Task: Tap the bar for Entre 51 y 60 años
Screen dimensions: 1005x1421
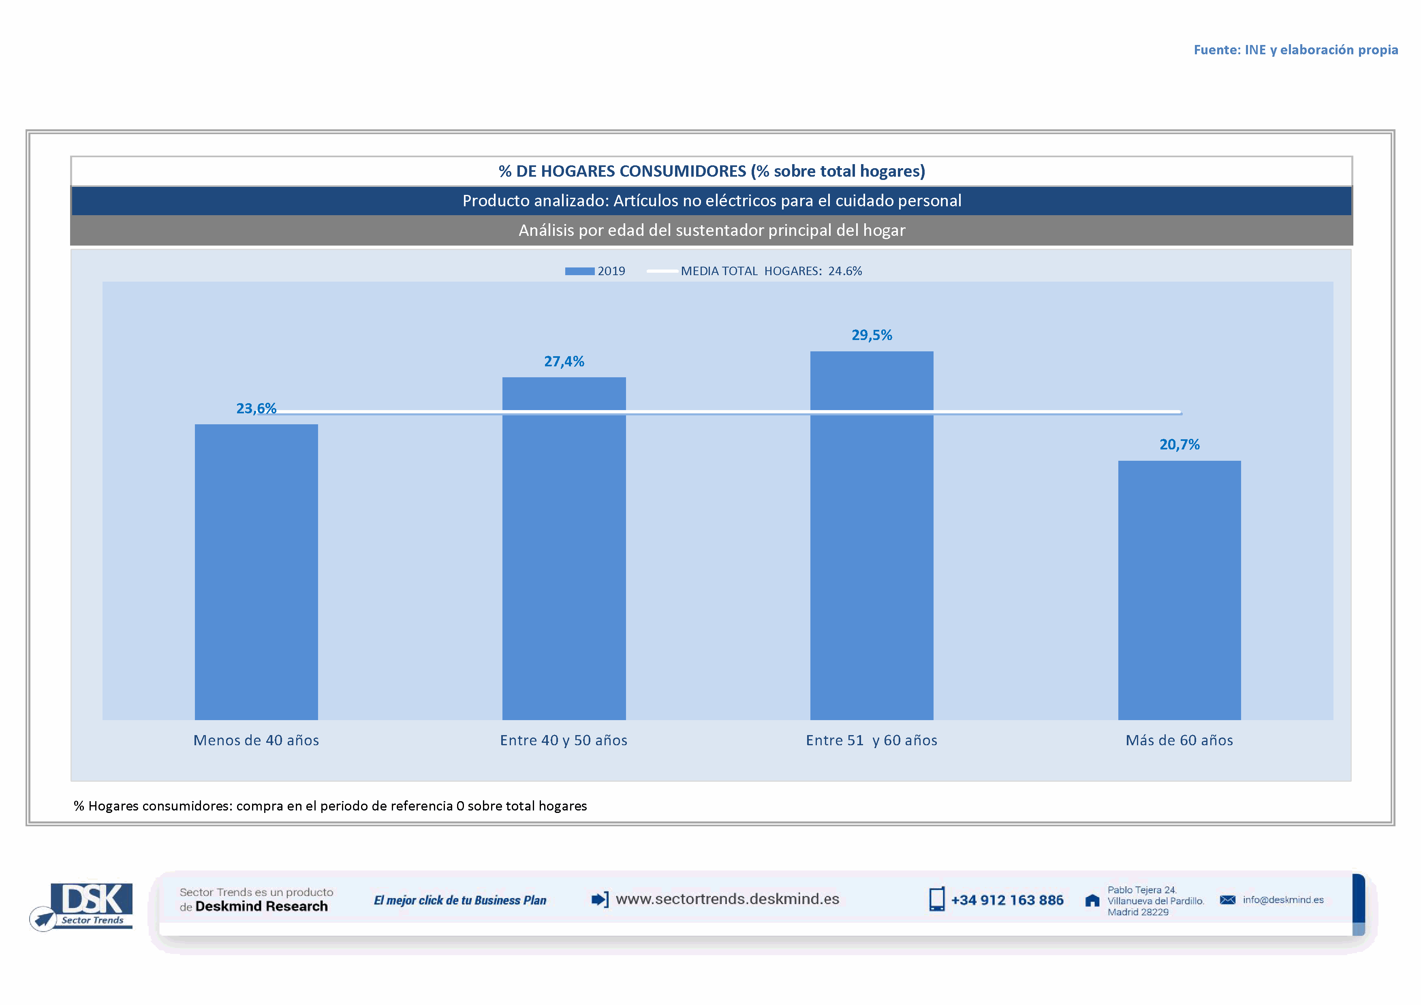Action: [872, 535]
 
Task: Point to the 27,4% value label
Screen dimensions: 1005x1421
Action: [564, 361]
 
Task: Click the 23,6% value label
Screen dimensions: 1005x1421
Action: [256, 408]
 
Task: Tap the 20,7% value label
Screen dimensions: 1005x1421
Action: [1179, 444]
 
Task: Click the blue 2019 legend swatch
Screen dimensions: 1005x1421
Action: [579, 271]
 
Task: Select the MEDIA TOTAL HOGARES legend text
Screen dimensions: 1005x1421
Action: [771, 271]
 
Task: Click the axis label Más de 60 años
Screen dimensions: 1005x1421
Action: [1179, 740]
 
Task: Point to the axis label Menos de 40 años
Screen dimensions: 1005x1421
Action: [256, 740]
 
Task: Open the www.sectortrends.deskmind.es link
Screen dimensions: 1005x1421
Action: [727, 899]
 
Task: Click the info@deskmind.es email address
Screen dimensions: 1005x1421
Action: [1283, 900]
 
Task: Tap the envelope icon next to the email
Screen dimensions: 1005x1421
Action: [1227, 900]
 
